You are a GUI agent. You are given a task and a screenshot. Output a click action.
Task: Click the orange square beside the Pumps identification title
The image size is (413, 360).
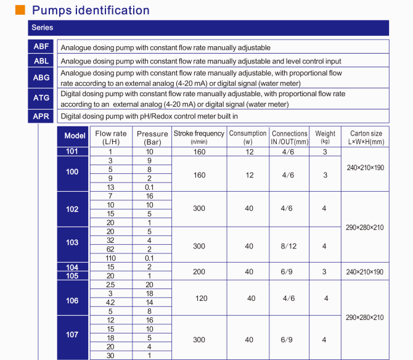[20, 10]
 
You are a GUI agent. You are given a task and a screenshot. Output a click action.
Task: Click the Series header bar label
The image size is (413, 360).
[42, 28]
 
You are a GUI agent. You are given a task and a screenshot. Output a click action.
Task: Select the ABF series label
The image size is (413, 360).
[41, 47]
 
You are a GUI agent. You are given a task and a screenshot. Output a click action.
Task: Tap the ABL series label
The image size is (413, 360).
[41, 60]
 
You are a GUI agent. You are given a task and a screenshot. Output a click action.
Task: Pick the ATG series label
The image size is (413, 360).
[41, 99]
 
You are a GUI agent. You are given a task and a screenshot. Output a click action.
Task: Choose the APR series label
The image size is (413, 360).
[41, 116]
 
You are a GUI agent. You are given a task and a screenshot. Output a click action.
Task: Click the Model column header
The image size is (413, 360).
[75, 136]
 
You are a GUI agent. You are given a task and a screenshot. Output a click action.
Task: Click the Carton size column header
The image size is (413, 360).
[366, 137]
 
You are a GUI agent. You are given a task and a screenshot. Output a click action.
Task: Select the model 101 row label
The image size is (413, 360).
[73, 151]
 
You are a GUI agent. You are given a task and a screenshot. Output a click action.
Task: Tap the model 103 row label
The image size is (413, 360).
[73, 243]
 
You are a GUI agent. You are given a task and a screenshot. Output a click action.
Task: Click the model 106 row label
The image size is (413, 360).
[73, 300]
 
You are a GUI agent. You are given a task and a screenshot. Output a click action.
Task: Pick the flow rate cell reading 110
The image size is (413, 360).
[110, 258]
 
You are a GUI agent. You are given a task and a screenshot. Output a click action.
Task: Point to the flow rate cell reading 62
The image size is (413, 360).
[110, 250]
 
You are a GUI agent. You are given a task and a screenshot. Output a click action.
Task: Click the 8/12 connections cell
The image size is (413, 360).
[289, 246]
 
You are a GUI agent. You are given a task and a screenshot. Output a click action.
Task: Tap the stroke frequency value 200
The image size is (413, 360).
[198, 271]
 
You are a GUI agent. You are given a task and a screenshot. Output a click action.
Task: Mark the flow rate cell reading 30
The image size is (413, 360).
[110, 356]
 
